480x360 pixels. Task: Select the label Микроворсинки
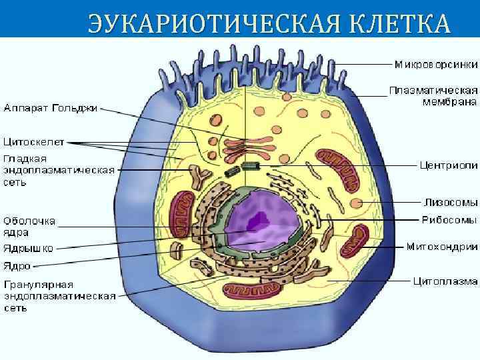(x=435, y=64)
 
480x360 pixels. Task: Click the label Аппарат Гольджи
(x=51, y=107)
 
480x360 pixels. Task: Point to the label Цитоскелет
(x=33, y=141)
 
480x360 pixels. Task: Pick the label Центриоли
(x=447, y=165)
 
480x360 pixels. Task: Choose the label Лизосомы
(x=451, y=201)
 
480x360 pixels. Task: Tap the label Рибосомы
(x=449, y=219)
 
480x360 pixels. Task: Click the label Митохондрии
(x=441, y=247)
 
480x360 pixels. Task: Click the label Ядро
(x=17, y=265)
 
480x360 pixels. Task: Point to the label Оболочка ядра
(x=29, y=227)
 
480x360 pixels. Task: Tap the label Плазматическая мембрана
(x=434, y=96)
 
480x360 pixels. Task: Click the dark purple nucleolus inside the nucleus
(x=256, y=218)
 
